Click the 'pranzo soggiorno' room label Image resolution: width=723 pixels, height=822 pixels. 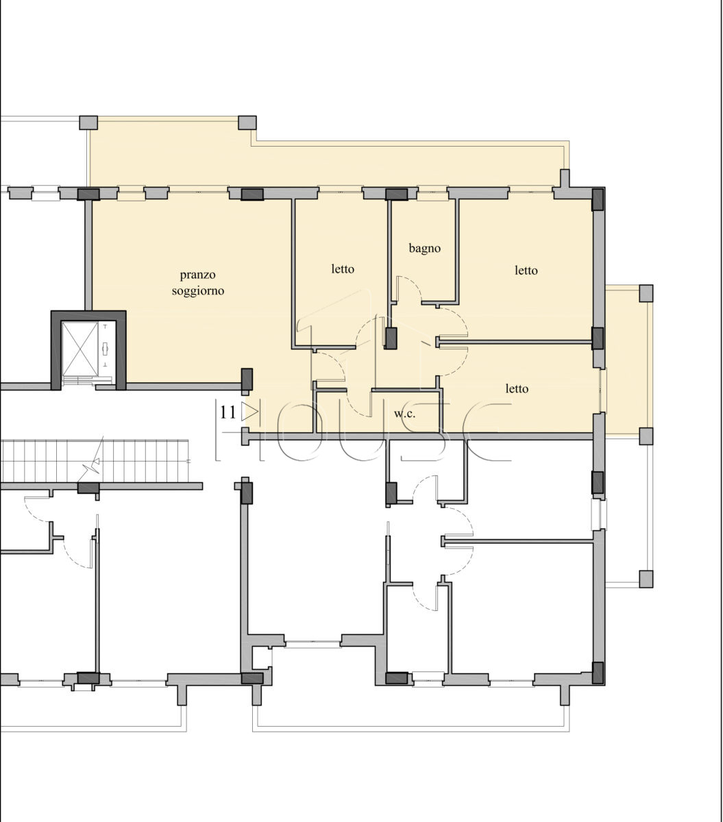tap(197, 282)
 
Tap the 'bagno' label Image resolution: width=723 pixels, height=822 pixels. tap(424, 248)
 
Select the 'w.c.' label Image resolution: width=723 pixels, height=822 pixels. tap(405, 414)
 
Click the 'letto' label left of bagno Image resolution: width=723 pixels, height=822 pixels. tap(343, 269)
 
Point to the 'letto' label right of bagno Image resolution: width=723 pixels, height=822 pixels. tap(526, 270)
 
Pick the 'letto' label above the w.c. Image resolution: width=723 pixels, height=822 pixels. tap(517, 388)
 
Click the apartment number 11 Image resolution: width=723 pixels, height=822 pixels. tap(228, 412)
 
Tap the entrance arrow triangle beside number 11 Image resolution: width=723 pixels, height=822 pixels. tap(249, 412)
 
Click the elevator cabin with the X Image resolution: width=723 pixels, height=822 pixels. tap(79, 349)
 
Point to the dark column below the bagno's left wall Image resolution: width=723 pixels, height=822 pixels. tap(391, 338)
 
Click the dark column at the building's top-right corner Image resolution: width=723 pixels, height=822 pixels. tap(597, 199)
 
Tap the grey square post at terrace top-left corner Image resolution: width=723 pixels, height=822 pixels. tap(88, 123)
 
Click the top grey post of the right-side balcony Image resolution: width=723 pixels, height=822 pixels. tap(646, 293)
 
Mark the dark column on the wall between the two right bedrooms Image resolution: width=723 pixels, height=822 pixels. tap(597, 338)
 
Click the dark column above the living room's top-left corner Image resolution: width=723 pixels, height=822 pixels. tap(88, 194)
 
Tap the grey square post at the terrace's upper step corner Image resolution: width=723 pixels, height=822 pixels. tap(247, 123)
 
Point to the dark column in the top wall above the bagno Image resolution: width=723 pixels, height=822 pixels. tap(397, 194)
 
